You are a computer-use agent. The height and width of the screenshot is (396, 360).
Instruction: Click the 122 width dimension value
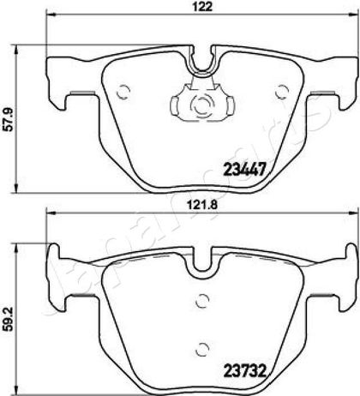click(204, 7)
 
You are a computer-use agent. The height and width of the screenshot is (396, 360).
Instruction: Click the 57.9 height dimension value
click(9, 119)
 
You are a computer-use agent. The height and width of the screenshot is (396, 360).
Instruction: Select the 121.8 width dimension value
click(202, 205)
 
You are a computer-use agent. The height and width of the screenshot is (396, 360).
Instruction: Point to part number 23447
click(245, 170)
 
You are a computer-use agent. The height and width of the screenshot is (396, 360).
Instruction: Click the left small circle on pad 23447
click(123, 92)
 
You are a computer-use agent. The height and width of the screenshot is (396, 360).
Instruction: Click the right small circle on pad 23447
click(281, 92)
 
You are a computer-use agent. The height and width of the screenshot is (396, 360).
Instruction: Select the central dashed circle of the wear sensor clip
click(202, 105)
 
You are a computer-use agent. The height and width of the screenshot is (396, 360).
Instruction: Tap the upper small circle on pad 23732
click(202, 301)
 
